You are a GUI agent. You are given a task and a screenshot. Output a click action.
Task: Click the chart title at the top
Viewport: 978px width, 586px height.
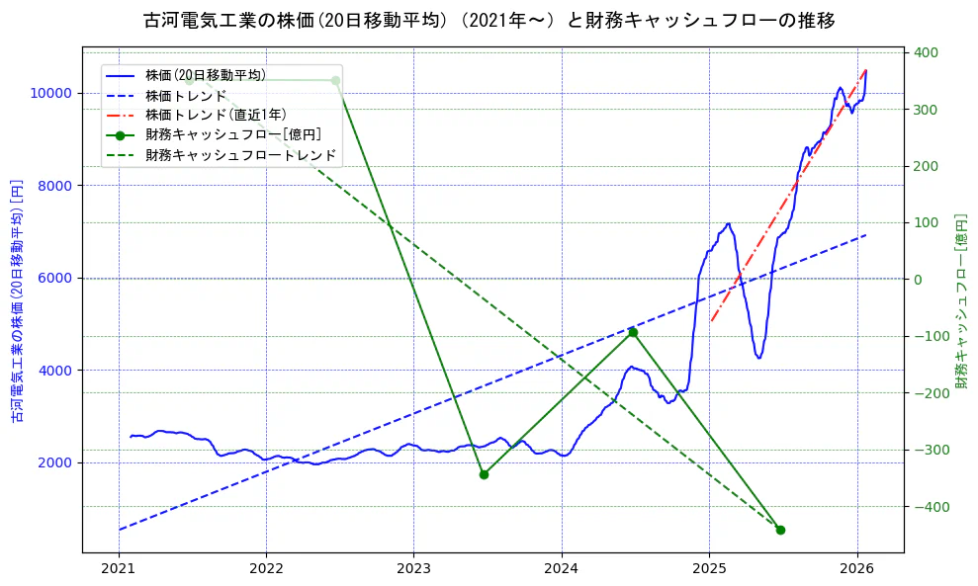[489, 21]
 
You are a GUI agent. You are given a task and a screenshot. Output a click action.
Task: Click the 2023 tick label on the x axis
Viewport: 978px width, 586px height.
[413, 568]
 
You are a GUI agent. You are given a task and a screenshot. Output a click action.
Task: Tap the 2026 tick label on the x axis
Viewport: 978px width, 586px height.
[856, 568]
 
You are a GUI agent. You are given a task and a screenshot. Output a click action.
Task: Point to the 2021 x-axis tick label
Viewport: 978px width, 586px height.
[119, 568]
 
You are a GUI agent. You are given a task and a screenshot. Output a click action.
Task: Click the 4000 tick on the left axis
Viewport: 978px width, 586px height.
[57, 371]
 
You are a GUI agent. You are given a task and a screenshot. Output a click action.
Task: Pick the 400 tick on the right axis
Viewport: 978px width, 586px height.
[925, 52]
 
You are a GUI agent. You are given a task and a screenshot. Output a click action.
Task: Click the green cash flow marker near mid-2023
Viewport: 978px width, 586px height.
[484, 474]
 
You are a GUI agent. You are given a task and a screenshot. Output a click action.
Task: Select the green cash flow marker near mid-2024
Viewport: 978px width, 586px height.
[633, 332]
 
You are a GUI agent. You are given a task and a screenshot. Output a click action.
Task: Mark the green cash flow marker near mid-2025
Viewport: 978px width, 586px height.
[780, 530]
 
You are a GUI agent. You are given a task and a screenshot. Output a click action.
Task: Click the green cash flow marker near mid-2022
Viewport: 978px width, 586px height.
[335, 80]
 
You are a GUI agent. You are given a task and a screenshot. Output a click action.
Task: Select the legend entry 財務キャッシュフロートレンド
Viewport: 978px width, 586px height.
[240, 155]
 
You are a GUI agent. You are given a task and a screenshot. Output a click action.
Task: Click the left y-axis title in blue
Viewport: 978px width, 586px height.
[17, 301]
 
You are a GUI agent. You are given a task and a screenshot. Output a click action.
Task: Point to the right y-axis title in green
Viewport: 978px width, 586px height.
[961, 300]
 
